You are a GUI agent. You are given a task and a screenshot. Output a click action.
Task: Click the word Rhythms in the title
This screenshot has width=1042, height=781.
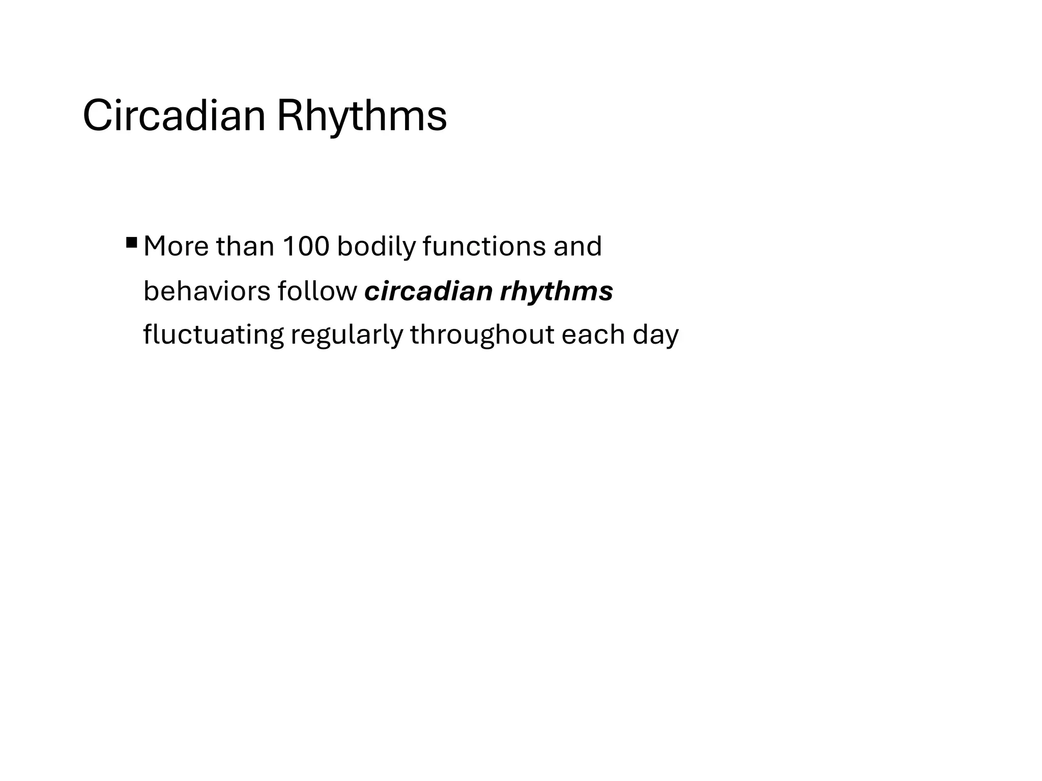(362, 116)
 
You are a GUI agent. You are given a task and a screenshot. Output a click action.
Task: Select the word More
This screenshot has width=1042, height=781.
(176, 247)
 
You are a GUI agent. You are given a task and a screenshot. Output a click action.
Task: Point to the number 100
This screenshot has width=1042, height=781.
(306, 247)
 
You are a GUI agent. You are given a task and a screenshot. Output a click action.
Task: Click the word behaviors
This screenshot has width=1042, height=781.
(207, 291)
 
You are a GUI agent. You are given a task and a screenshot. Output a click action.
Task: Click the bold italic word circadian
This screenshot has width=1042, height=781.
(429, 291)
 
